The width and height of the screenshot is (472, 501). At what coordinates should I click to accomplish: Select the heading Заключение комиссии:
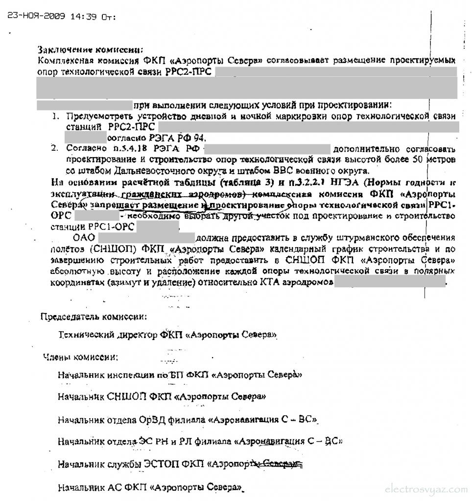coord(91,49)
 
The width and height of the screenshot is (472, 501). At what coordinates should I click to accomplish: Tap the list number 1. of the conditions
coord(56,116)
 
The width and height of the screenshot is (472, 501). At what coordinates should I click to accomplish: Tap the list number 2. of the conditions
coord(56,148)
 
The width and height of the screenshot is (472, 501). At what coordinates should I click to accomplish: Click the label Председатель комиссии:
coord(93,317)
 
